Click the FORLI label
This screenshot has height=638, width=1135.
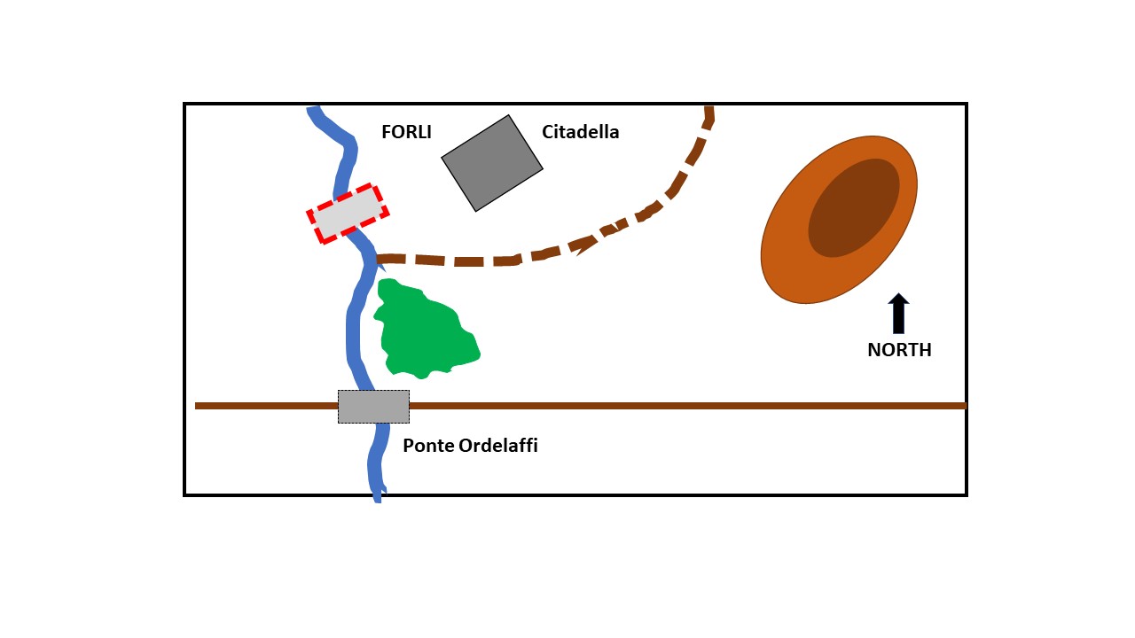(x=406, y=133)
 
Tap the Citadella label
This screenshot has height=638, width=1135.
(x=580, y=133)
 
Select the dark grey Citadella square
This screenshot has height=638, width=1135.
(x=492, y=163)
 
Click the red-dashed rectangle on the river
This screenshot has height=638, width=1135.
(x=348, y=214)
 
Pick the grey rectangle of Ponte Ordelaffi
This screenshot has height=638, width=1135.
(x=373, y=407)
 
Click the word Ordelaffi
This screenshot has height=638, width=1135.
(x=498, y=446)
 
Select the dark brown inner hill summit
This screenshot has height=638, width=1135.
(x=853, y=208)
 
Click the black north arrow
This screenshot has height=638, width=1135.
(x=898, y=315)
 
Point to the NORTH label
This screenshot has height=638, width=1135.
(x=899, y=350)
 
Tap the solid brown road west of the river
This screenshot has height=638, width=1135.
(x=266, y=406)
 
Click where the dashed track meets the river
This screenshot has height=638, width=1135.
(x=380, y=260)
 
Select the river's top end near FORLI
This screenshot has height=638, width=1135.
(x=314, y=112)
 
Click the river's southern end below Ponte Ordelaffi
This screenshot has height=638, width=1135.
(x=377, y=496)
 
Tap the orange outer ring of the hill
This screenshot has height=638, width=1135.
(x=789, y=266)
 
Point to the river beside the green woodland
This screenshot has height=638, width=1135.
(x=352, y=328)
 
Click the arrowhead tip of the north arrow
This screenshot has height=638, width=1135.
(x=898, y=294)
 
